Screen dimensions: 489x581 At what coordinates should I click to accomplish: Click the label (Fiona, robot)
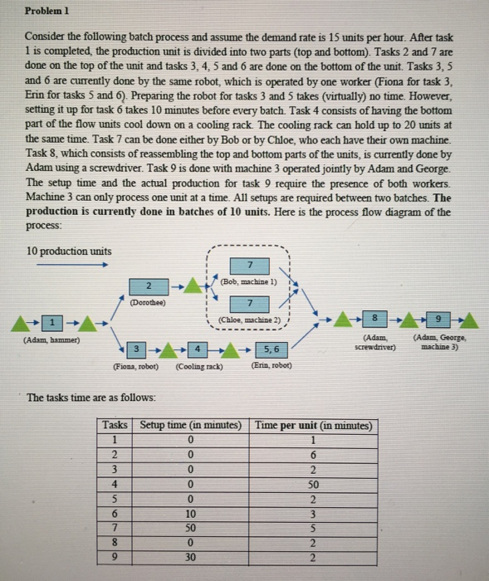click(137, 366)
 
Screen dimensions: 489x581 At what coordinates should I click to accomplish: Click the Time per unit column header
click(314, 425)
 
